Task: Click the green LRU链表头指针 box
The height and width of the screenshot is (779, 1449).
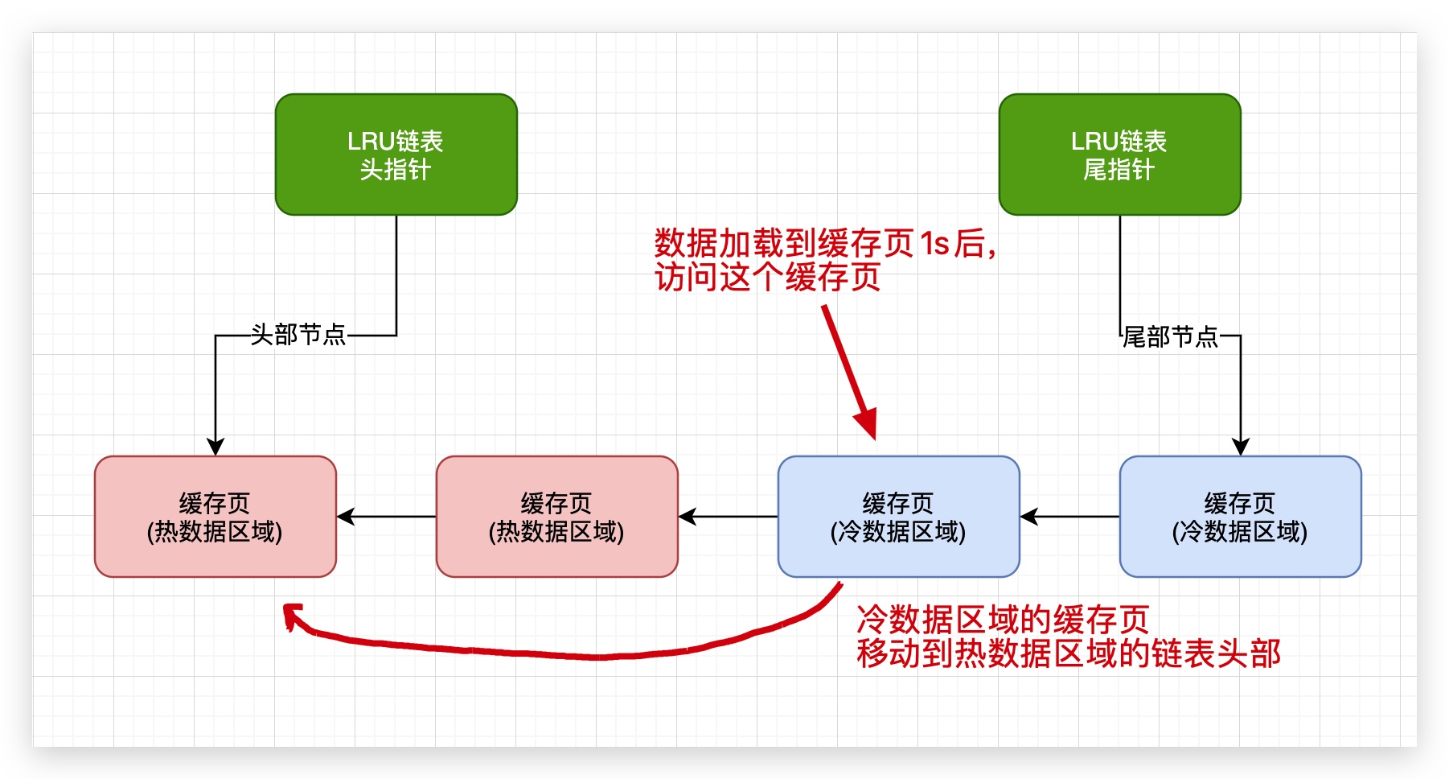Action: pos(396,155)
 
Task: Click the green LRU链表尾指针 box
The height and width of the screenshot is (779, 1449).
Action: pos(1119,155)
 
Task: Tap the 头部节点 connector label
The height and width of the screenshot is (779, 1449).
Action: pos(298,335)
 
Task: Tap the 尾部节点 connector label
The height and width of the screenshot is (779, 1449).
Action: pos(1171,336)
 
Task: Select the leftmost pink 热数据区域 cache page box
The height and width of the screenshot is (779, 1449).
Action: pos(215,517)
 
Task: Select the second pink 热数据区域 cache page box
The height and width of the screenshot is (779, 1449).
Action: pos(556,517)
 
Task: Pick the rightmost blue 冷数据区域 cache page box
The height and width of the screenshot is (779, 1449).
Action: pos(1240,517)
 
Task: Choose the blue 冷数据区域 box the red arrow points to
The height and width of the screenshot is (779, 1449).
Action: pos(898,517)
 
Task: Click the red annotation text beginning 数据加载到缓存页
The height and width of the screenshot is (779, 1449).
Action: pos(824,243)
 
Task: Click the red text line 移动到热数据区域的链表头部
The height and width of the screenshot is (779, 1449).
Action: pos(1068,653)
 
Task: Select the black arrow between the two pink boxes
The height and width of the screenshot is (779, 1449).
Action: pos(386,517)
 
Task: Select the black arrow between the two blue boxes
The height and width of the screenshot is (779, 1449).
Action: pos(1069,517)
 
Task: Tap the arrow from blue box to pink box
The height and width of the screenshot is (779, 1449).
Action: pos(728,517)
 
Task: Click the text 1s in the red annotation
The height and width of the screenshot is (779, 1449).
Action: pos(935,243)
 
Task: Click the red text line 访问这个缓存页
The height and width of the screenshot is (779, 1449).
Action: pos(767,278)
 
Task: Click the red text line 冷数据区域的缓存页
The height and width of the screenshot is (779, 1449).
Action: pos(1002,620)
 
